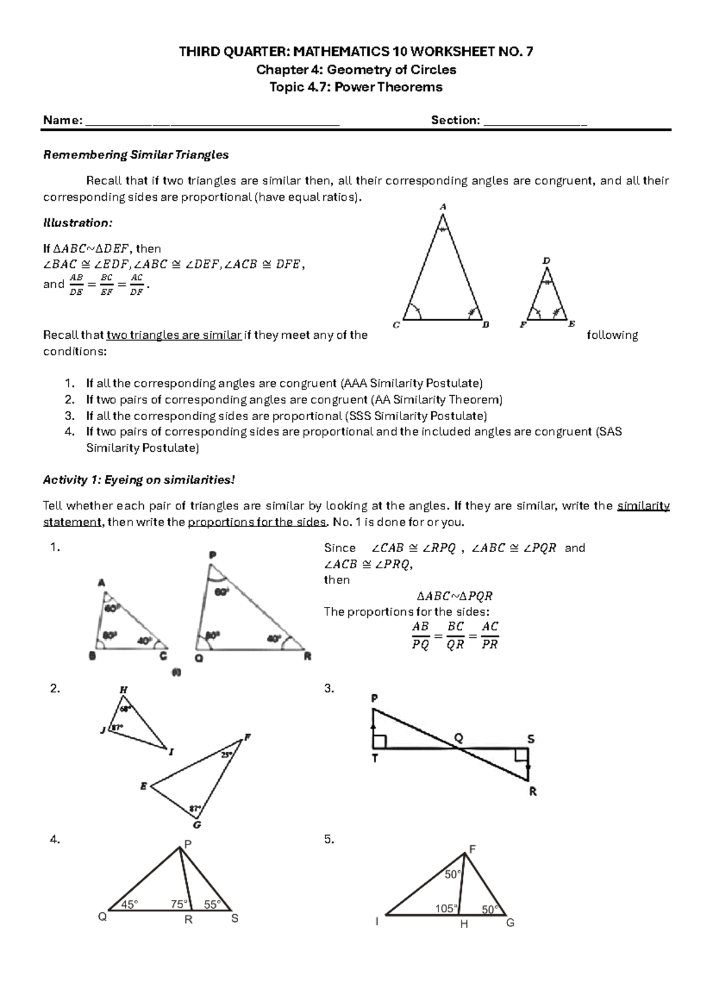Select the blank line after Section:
point(535,122)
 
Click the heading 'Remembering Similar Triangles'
point(136,155)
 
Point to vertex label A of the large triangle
point(443,207)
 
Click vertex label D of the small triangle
point(547,260)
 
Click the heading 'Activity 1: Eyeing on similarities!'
point(140,480)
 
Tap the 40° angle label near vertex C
point(144,641)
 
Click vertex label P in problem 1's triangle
point(212,555)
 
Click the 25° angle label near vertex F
point(226,755)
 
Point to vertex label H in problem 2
point(124,690)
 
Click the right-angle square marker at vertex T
point(380,741)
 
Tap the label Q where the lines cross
point(458,738)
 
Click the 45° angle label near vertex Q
point(130,904)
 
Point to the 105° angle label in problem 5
point(446,908)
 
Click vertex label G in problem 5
point(510,923)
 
